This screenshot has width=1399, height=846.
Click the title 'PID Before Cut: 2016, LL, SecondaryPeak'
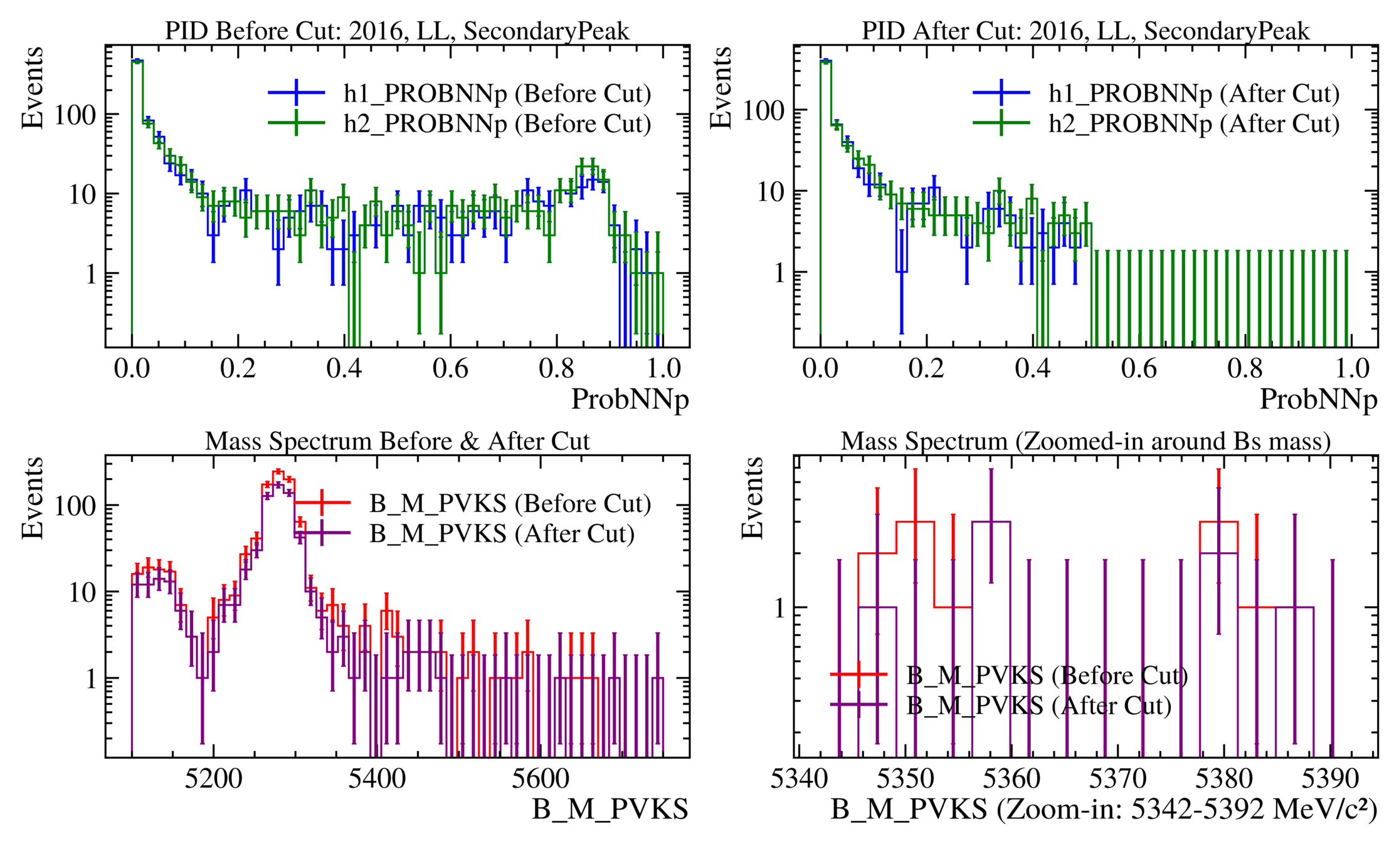pos(397,31)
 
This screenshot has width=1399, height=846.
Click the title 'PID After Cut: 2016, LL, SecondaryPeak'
pos(1085,31)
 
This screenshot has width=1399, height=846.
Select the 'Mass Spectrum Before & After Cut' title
pos(397,441)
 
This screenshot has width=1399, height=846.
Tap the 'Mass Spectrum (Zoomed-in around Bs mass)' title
pos(1085,441)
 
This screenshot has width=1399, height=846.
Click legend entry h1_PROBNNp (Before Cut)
pos(497,93)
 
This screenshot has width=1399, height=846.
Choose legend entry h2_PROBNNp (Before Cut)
pos(497,123)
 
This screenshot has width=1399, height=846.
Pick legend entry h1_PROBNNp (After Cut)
pos(1193,93)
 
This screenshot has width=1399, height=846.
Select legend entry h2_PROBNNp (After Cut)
pos(1193,123)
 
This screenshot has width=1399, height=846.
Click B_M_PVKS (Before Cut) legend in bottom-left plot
pos(509,503)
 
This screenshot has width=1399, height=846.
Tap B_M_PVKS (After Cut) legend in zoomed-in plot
pos(1038,706)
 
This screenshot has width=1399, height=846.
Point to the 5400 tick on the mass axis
pos(377,779)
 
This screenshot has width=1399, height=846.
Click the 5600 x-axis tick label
pos(541,779)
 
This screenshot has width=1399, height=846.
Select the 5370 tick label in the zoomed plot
pos(1117,779)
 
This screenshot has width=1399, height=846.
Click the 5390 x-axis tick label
pos(1330,779)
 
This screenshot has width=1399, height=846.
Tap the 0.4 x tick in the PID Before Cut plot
pos(344,368)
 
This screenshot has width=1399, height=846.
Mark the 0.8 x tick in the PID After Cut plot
pos(1245,368)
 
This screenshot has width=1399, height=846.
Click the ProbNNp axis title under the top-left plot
pos(630,399)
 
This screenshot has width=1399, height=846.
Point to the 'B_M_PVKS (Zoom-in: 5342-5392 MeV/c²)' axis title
pos(1104,810)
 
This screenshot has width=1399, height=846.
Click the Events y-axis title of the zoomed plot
pos(752,498)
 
